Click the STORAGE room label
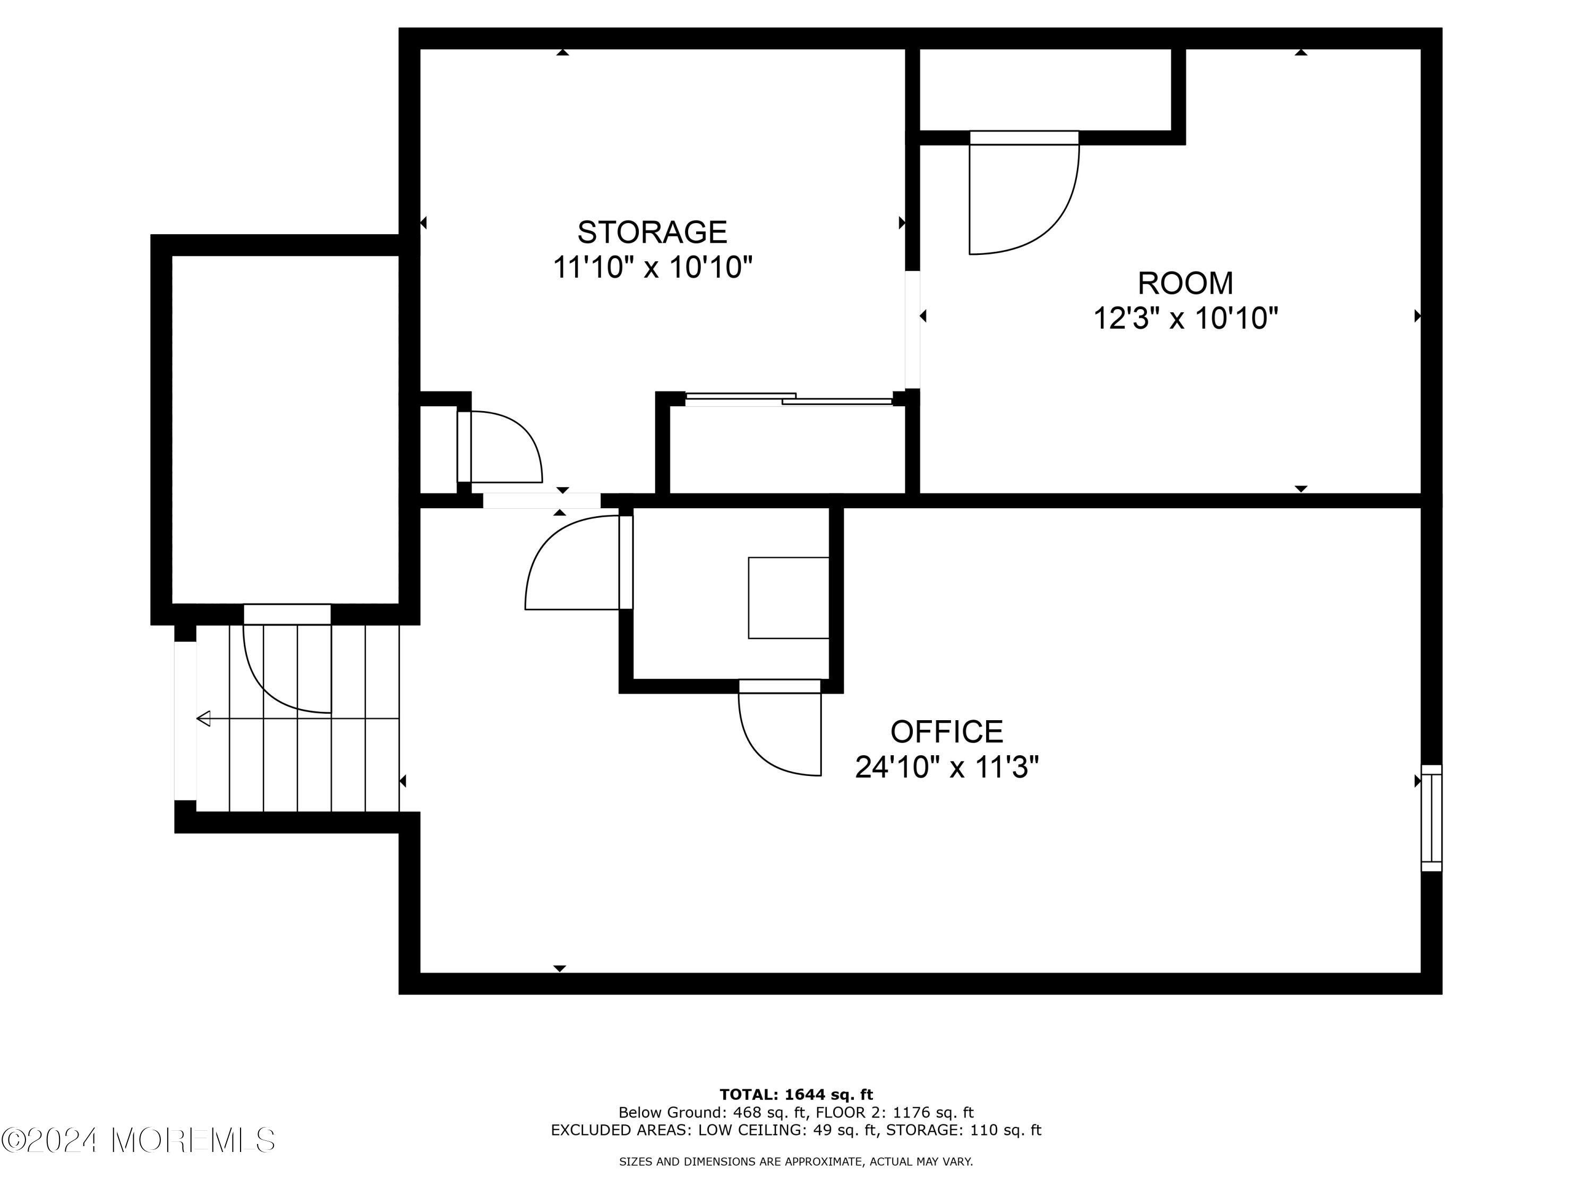pos(652,233)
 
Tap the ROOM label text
pos(1185,283)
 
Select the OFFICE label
pos(946,732)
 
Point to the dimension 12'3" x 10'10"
pos(1185,318)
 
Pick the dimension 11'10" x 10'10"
pos(652,268)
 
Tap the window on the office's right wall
pos(1431,817)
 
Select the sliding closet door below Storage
pos(789,398)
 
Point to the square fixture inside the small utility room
pos(789,598)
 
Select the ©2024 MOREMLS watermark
pos(138,1140)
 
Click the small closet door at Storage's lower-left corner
pos(497,447)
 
